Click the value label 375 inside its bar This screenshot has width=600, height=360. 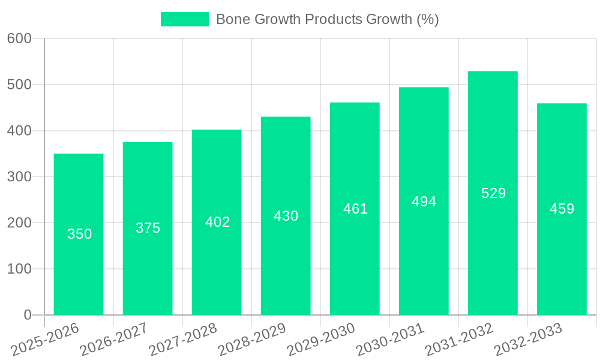point(148,228)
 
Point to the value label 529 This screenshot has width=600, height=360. point(493,193)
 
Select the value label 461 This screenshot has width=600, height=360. point(355,209)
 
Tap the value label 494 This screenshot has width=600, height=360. point(424,202)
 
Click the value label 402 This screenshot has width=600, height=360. point(217,222)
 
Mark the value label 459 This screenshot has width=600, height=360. point(562,209)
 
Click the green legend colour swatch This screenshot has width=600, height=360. point(184,19)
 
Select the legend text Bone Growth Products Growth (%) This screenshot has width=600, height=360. point(327,19)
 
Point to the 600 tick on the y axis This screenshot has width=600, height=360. point(19,38)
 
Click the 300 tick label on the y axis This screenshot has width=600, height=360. point(19,177)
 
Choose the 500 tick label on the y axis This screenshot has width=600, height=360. point(19,85)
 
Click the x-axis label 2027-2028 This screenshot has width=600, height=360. point(184,340)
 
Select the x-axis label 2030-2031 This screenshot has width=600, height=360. point(391,340)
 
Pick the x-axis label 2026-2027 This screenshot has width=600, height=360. point(115,340)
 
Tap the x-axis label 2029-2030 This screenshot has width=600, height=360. point(322,340)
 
